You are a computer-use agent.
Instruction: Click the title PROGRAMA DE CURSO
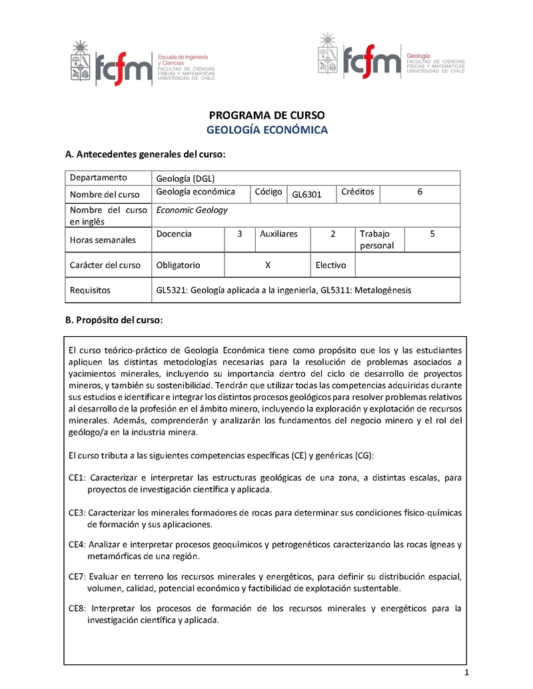point(266,115)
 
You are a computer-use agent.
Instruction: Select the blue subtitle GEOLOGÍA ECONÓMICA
point(266,130)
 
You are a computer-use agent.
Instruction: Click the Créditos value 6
point(420,192)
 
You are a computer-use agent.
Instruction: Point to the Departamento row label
point(98,177)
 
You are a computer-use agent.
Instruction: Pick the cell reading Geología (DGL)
point(185,178)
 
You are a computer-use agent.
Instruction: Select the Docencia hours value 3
point(239,234)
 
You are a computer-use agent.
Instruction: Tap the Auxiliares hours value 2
point(332,234)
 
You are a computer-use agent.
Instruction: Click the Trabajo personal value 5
point(432,234)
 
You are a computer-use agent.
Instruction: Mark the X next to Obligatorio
point(267,265)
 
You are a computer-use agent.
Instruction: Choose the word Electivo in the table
point(330,265)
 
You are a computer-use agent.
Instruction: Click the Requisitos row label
point(90,290)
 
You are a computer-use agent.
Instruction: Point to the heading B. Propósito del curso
point(113,320)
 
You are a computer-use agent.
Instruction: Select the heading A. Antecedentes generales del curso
point(145,154)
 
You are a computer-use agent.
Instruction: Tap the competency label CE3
point(77,513)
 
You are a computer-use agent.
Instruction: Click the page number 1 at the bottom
point(468,672)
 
